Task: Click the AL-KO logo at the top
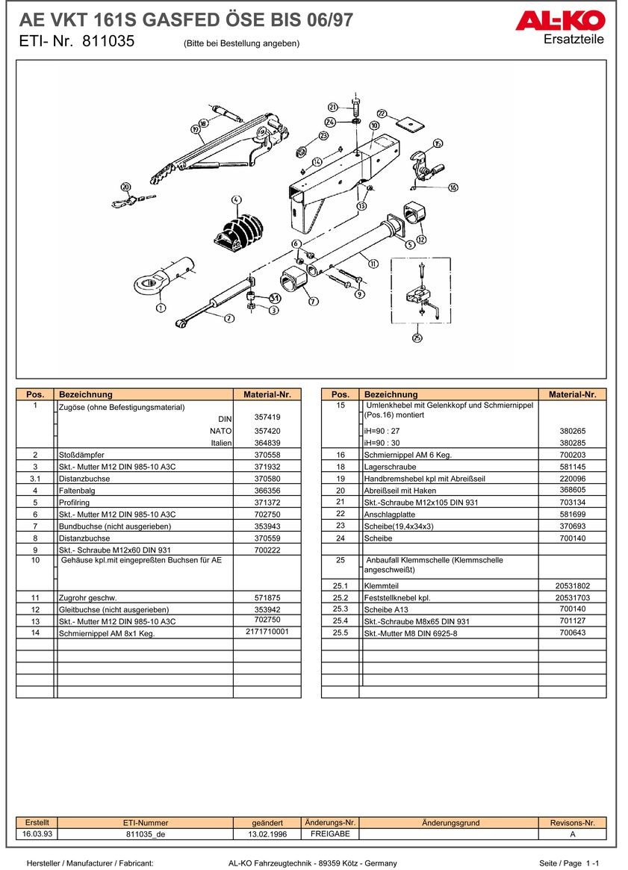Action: pos(559,22)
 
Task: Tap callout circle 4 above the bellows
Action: pos(236,200)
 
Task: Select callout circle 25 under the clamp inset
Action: pos(416,338)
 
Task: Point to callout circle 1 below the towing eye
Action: pos(161,308)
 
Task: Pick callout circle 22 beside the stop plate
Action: pos(382,114)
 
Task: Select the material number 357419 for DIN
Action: pos(267,417)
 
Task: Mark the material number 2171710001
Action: pos(267,632)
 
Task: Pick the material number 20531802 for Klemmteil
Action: pos(572,586)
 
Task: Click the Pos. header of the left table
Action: pos(35,394)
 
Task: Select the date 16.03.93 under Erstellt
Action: pos(37,833)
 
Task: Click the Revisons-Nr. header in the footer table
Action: pos(572,822)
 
